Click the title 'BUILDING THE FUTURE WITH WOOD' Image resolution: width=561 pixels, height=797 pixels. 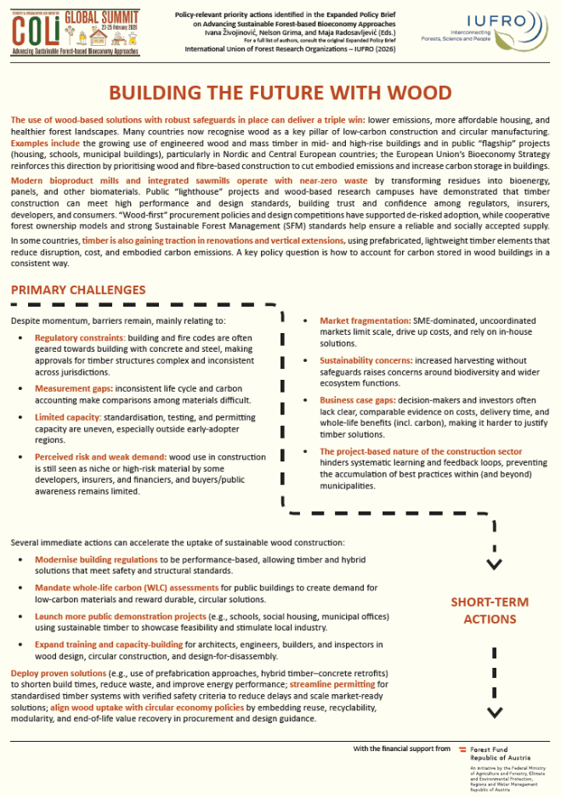280,93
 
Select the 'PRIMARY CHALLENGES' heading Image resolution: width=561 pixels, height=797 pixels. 78,291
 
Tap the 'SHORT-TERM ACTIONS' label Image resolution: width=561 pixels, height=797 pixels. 489,610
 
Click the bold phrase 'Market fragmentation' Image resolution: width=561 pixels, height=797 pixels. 365,320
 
